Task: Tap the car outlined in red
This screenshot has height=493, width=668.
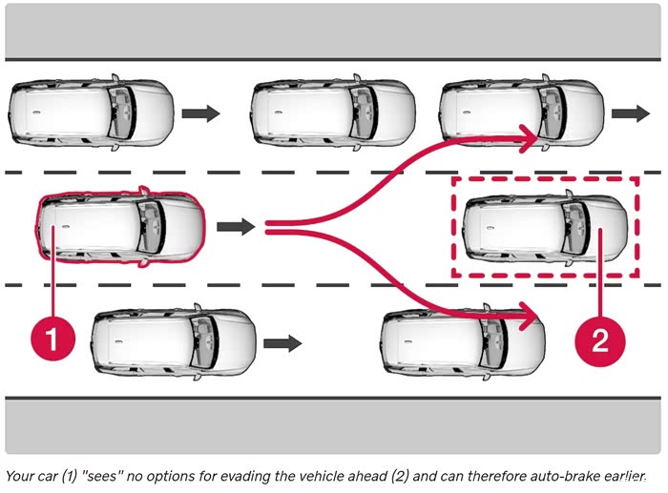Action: (x=120, y=227)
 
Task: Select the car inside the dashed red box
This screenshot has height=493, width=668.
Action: (x=545, y=227)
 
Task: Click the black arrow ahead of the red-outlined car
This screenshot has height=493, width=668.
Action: (x=236, y=227)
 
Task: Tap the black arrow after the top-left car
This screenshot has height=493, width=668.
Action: (x=200, y=113)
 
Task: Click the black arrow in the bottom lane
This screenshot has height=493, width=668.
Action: (x=282, y=341)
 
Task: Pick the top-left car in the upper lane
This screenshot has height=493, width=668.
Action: (x=91, y=113)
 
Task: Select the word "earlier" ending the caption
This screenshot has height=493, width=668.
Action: (x=622, y=475)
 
